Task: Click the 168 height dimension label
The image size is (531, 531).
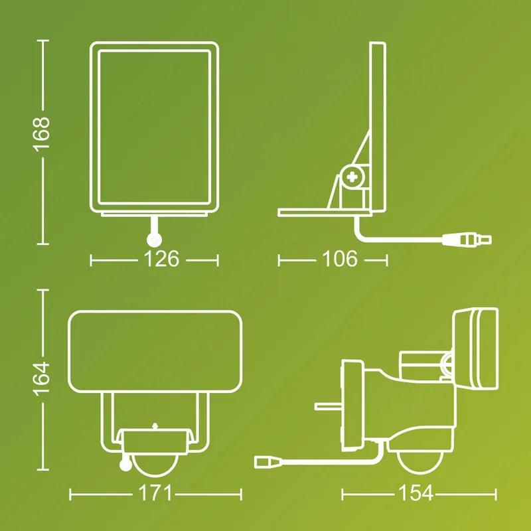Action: point(41,134)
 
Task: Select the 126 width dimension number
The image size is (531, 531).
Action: point(161,260)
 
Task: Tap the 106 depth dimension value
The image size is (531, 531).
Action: point(340,259)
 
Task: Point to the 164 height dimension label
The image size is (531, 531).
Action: point(41,378)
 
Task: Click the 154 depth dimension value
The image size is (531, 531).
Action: point(416,493)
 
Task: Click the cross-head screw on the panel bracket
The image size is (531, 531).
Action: point(352,177)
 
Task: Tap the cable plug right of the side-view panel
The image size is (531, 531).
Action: point(467,240)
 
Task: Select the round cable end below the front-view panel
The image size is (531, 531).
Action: point(154,240)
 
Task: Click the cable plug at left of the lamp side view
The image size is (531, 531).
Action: point(268,462)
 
